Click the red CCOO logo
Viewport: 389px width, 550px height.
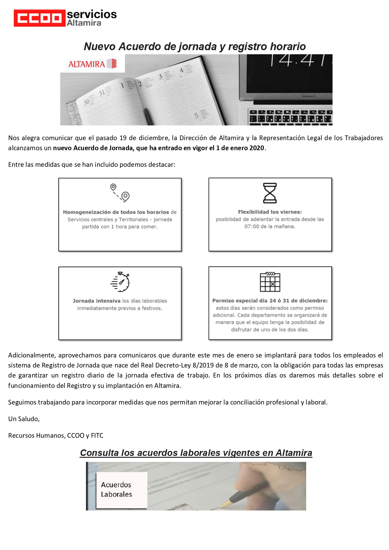40,18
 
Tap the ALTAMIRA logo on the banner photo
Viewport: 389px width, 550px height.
93,64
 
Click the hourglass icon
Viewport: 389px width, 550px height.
270,193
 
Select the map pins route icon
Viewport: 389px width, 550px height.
120,192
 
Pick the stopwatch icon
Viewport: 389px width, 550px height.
120,282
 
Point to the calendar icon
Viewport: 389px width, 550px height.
270,282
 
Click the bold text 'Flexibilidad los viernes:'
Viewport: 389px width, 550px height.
270,212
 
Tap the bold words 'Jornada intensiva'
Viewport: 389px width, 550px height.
97,301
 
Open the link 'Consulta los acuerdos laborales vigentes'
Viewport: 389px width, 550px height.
196,453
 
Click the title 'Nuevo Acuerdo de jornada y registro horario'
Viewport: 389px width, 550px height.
194,46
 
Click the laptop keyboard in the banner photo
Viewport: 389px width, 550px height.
290,118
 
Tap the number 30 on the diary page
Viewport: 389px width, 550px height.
87,102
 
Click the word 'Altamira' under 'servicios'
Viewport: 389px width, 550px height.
84,23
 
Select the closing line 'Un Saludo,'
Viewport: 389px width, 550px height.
24,419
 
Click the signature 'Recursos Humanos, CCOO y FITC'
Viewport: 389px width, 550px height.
56,436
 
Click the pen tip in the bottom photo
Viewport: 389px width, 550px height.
222,506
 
